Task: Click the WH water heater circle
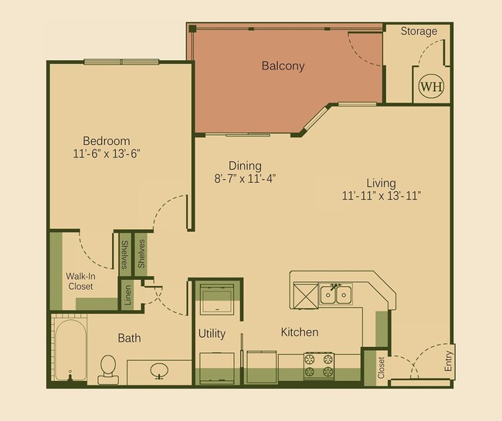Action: pyautogui.click(x=431, y=87)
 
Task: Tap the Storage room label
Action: pyautogui.click(x=419, y=32)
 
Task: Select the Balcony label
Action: pyautogui.click(x=283, y=66)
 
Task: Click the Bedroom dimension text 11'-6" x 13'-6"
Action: pyautogui.click(x=107, y=153)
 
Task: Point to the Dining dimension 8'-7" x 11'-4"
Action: pyautogui.click(x=244, y=178)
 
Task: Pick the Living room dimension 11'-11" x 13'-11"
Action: pyautogui.click(x=381, y=195)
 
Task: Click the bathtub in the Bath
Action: pyautogui.click(x=70, y=351)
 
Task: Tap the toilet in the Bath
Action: pyautogui.click(x=108, y=369)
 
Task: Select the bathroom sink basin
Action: pyautogui.click(x=159, y=371)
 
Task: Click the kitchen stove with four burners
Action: pyautogui.click(x=318, y=365)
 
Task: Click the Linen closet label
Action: pyautogui.click(x=128, y=295)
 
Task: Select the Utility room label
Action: pyautogui.click(x=212, y=334)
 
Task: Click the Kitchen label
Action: pyautogui.click(x=300, y=332)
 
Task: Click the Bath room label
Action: pyautogui.click(x=129, y=338)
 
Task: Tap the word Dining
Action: pyautogui.click(x=245, y=166)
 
